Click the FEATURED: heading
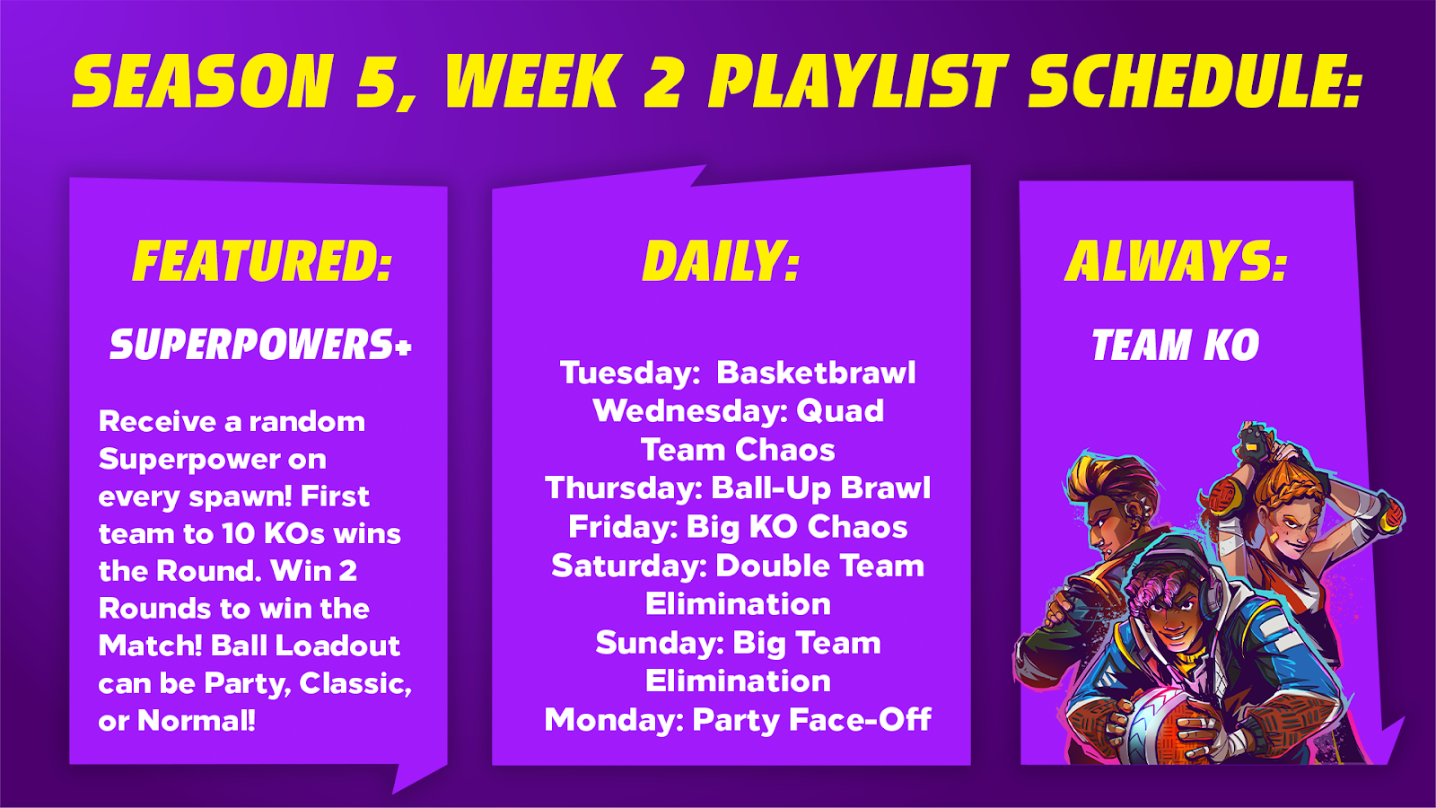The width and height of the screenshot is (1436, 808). [262, 260]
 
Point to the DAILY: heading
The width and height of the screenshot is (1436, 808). [722, 260]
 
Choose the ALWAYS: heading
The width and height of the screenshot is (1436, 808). [1176, 260]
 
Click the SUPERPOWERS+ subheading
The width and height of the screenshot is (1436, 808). [260, 345]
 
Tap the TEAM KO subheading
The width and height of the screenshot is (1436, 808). [1176, 345]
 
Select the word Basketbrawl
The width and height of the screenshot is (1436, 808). [816, 373]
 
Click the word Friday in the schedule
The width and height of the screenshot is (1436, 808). [623, 527]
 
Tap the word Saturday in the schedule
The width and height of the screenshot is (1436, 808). [629, 566]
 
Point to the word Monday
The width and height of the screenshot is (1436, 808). [614, 720]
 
